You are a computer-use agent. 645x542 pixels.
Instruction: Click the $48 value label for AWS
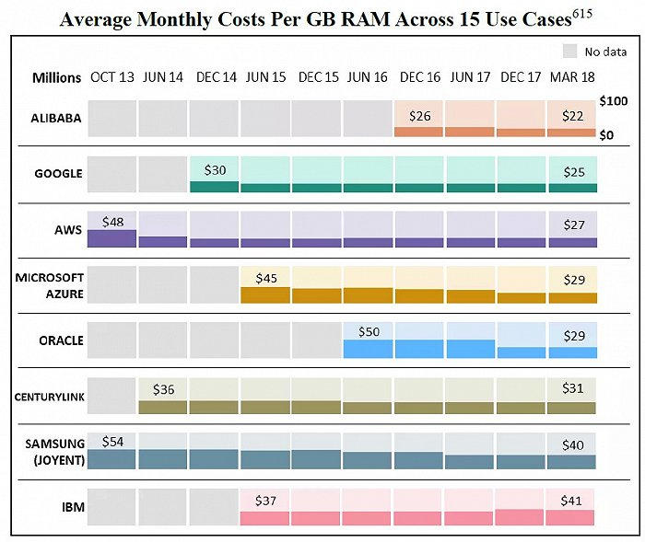click(x=112, y=222)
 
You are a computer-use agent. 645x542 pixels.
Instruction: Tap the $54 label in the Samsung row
click(x=113, y=442)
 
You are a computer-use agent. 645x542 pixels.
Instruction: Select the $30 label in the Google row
click(x=214, y=170)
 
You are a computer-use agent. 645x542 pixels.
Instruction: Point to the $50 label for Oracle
click(x=368, y=332)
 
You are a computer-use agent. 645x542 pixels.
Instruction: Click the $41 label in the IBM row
click(x=572, y=501)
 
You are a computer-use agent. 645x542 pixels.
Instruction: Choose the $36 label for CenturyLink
click(x=163, y=389)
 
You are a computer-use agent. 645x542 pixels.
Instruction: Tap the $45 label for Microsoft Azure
click(x=265, y=278)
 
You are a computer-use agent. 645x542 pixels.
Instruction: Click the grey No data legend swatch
click(x=570, y=52)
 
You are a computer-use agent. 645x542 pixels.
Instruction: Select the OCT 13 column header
click(x=111, y=77)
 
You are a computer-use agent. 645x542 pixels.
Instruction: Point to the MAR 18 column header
click(x=572, y=77)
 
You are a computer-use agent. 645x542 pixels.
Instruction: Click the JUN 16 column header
click(x=368, y=77)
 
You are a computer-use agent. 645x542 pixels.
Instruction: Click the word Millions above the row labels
click(x=56, y=77)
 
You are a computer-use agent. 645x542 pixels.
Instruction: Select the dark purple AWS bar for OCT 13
click(x=112, y=238)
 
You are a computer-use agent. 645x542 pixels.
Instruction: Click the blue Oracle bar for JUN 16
click(x=368, y=349)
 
